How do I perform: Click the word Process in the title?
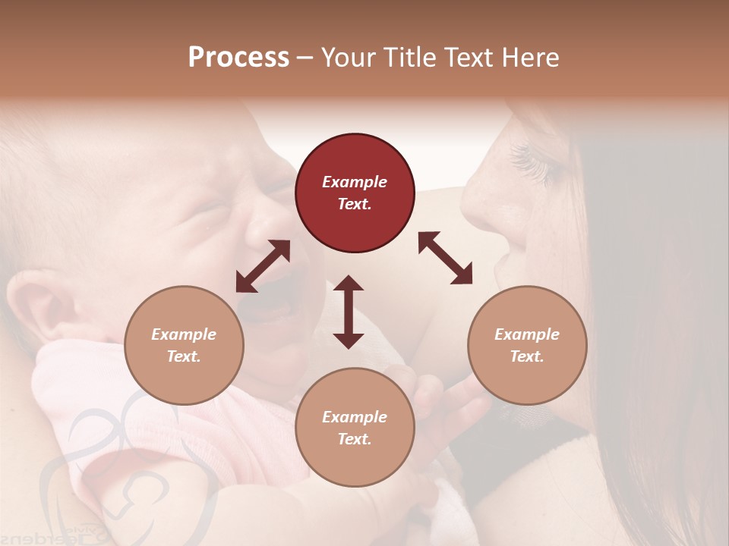pyautogui.click(x=238, y=58)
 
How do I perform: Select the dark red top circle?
pyautogui.click(x=355, y=193)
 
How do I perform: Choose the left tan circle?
pyautogui.click(x=184, y=345)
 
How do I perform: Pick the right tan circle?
pyautogui.click(x=527, y=345)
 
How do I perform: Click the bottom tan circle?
pyautogui.click(x=355, y=428)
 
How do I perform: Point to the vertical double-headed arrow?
pyautogui.click(x=349, y=312)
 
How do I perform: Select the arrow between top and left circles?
pyautogui.click(x=263, y=266)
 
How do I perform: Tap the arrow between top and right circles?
pyautogui.click(x=446, y=258)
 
